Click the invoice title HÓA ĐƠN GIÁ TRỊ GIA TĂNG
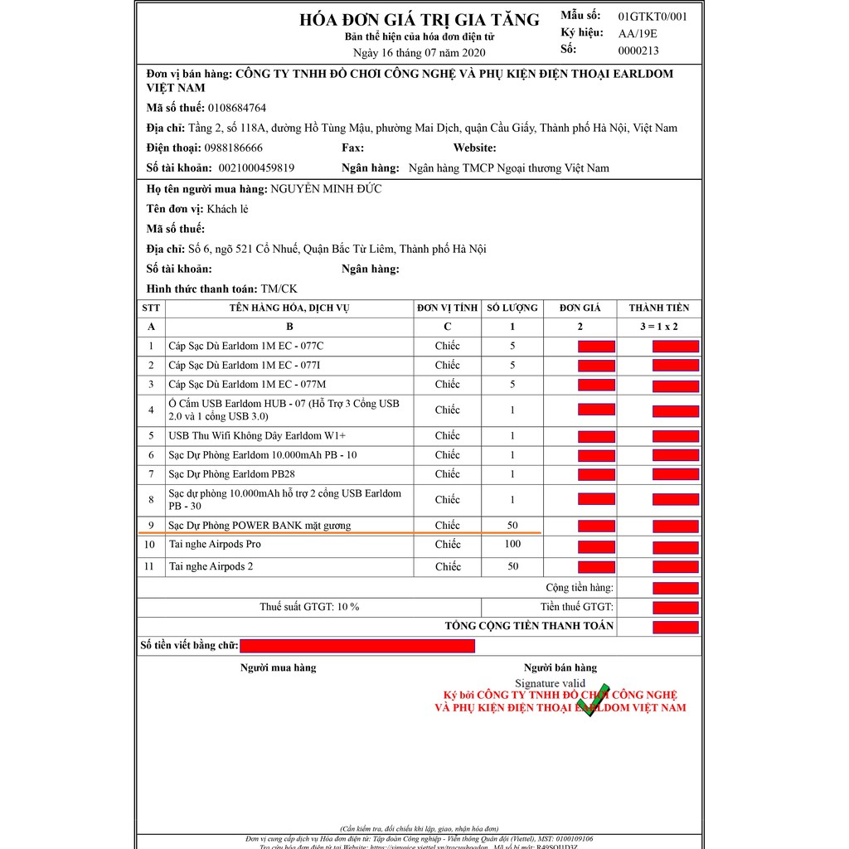point(419,20)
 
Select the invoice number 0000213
point(638,50)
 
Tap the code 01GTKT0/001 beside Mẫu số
point(653,16)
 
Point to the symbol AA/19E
point(637,33)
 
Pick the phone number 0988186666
point(234,148)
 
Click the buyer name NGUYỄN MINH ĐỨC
point(326,189)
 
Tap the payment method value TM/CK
point(279,289)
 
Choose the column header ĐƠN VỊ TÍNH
point(448,308)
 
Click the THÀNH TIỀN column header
point(658,308)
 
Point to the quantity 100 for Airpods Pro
point(512,544)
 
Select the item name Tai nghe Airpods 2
point(211,566)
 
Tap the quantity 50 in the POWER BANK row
point(512,525)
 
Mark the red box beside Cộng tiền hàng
point(676,588)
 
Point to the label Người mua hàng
point(278,667)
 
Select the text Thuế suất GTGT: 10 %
point(309,607)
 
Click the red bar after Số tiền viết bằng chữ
point(357,646)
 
